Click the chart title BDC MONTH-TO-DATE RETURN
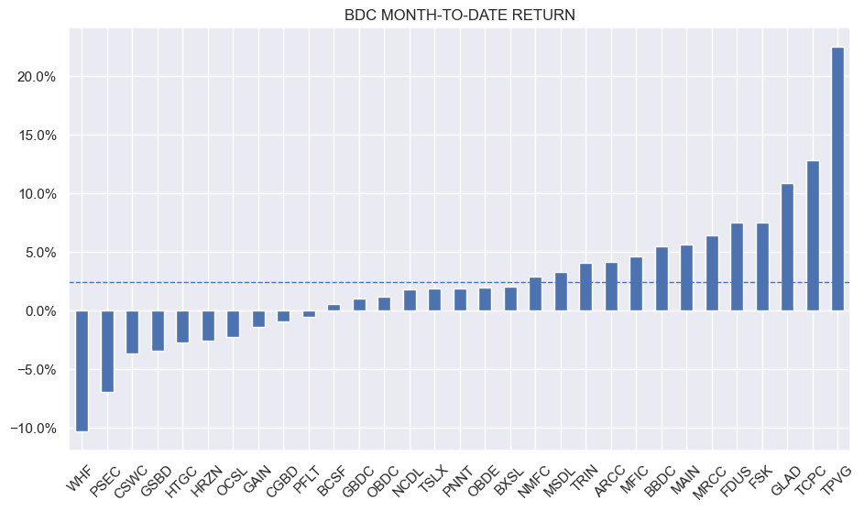coord(459,15)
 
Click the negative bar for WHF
coord(82,371)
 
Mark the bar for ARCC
coord(610,287)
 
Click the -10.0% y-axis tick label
coord(38,429)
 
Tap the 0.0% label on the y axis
coord(43,311)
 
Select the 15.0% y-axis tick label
coord(40,136)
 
